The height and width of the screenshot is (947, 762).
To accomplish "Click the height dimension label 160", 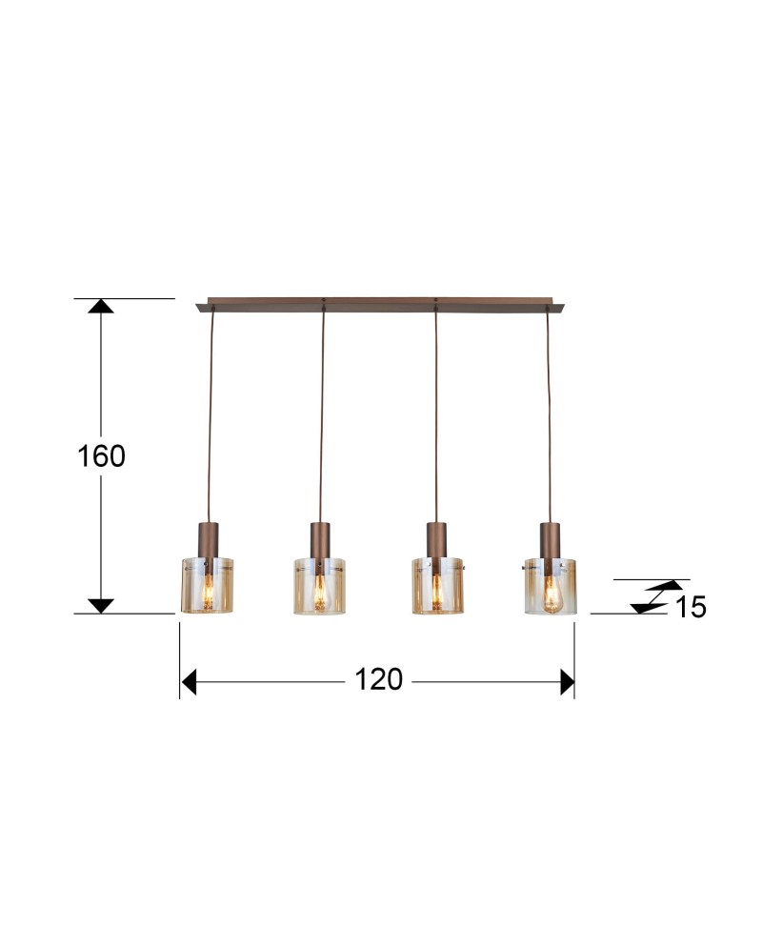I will (x=101, y=456).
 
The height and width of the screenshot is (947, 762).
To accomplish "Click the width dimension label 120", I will (x=379, y=680).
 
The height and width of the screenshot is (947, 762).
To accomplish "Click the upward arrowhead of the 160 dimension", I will (x=101, y=306).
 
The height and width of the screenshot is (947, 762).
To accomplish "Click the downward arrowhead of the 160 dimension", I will (x=101, y=606).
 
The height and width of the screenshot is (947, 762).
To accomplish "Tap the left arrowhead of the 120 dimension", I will (x=188, y=682).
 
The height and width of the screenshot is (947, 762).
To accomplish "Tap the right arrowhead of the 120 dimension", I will (x=568, y=682).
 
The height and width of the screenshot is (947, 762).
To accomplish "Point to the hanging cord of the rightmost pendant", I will (x=549, y=419).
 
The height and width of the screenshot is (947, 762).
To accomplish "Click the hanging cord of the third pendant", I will (x=436, y=419).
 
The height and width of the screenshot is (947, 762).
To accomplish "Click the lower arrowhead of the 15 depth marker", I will (x=648, y=606).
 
